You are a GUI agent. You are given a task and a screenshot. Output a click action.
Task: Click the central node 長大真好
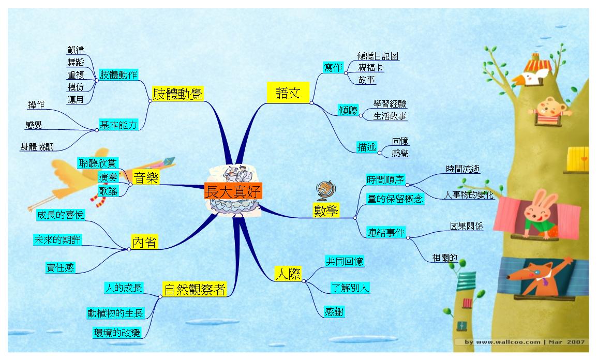tap(233, 191)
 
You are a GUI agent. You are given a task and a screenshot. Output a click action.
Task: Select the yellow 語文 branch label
tap(288, 93)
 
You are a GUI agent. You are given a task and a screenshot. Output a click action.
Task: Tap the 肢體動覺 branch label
tap(177, 94)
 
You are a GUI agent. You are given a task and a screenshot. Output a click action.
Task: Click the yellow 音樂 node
tap(146, 178)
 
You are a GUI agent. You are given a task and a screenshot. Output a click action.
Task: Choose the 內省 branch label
tap(144, 242)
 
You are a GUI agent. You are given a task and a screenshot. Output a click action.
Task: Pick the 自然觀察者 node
tap(195, 290)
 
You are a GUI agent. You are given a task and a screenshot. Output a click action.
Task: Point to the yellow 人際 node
tap(288, 274)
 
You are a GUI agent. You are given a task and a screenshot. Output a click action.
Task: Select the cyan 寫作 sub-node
tap(333, 68)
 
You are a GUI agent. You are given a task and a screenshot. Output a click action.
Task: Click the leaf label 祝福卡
tap(371, 68)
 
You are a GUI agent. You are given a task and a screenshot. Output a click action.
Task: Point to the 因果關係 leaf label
tap(467, 226)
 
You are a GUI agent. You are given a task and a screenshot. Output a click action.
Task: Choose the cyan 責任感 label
tap(60, 267)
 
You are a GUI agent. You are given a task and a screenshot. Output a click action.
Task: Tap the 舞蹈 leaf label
tap(76, 62)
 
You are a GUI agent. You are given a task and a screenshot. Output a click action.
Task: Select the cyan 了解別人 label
tap(350, 288)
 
